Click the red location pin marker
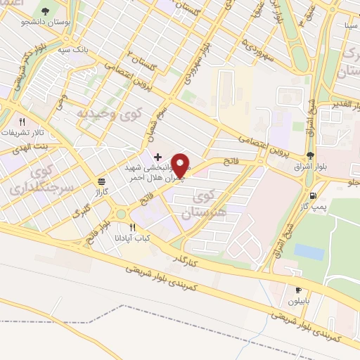(x=181, y=167)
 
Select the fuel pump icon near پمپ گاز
(x=312, y=197)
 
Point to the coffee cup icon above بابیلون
(x=298, y=290)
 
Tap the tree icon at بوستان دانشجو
(x=46, y=12)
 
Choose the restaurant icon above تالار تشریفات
(x=23, y=121)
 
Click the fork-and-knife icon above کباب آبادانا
(x=131, y=226)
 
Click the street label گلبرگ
(x=83, y=211)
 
